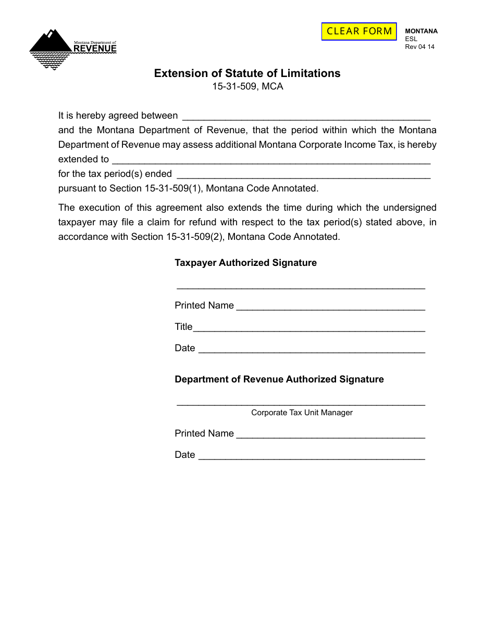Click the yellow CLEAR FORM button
point(359,31)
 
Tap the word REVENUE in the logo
point(95,49)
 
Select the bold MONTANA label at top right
point(421,31)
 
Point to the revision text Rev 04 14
point(419,46)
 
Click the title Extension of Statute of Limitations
point(247,73)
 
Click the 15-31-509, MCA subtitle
point(247,87)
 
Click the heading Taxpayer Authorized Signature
point(245,263)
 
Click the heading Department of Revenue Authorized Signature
point(279,379)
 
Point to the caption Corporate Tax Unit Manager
point(302,413)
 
